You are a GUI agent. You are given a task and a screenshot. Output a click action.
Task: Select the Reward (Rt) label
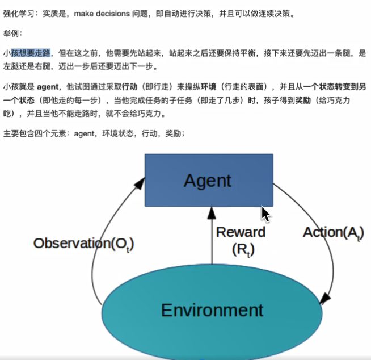coord(241,240)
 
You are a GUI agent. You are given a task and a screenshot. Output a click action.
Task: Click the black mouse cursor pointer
coord(265,214)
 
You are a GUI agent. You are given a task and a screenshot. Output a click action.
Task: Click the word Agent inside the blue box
coord(208,181)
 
